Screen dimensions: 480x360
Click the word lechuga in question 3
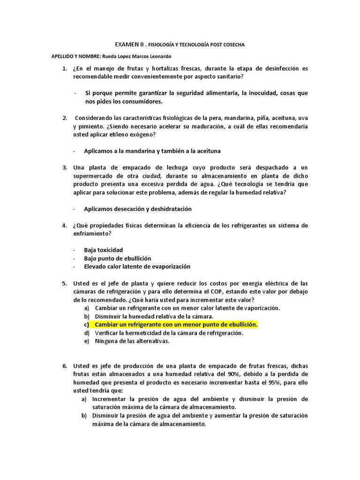pos(183,167)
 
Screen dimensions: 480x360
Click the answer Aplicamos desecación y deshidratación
pos(137,209)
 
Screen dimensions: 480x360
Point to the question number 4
pos(65,225)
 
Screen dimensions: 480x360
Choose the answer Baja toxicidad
pos(103,250)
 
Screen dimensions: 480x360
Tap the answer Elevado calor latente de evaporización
pos(137,266)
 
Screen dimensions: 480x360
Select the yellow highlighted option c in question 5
pos(176,324)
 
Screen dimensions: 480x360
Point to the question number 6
pos(65,366)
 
